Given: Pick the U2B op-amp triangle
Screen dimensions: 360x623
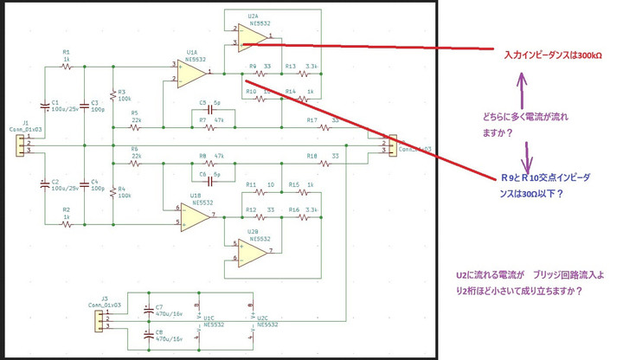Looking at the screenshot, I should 251,250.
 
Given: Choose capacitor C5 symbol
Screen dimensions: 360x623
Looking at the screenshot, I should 205,111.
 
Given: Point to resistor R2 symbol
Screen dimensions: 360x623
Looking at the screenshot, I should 66,223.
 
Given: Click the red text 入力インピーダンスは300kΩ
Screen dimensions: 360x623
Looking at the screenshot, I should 553,55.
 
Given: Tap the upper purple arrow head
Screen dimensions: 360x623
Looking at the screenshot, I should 521,78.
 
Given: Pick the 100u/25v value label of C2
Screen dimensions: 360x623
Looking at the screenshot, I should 65,189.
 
